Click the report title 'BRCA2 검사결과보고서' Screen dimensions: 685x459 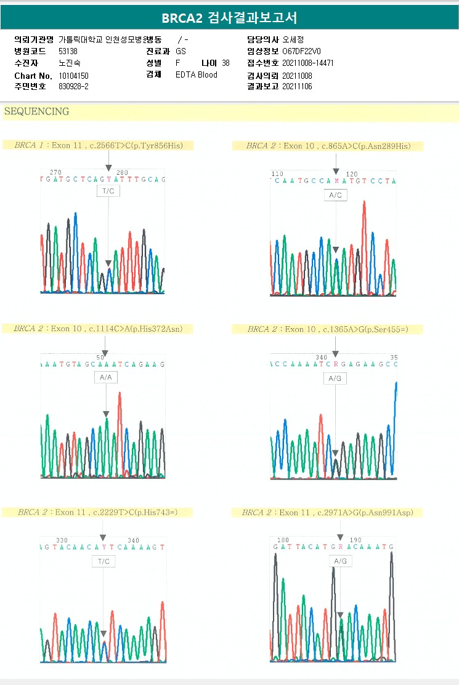pyautogui.click(x=229, y=18)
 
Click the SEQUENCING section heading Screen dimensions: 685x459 pyautogui.click(x=36, y=112)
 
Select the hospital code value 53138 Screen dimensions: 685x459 pyautogui.click(x=68, y=51)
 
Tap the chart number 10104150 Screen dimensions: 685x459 pyautogui.click(x=74, y=75)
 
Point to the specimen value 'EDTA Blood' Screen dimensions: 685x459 pyautogui.click(x=197, y=75)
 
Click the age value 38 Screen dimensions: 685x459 pyautogui.click(x=225, y=63)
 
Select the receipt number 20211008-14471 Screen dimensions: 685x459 pyautogui.click(x=308, y=63)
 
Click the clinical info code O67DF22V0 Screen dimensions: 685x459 pyautogui.click(x=301, y=51)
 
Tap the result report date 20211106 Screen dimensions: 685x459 pyautogui.click(x=298, y=87)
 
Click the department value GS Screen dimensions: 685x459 pyautogui.click(x=181, y=51)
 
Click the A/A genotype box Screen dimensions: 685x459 pyautogui.click(x=105, y=377)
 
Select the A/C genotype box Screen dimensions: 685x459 pyautogui.click(x=335, y=195)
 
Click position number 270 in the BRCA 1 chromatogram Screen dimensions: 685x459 pyautogui.click(x=55, y=172)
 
